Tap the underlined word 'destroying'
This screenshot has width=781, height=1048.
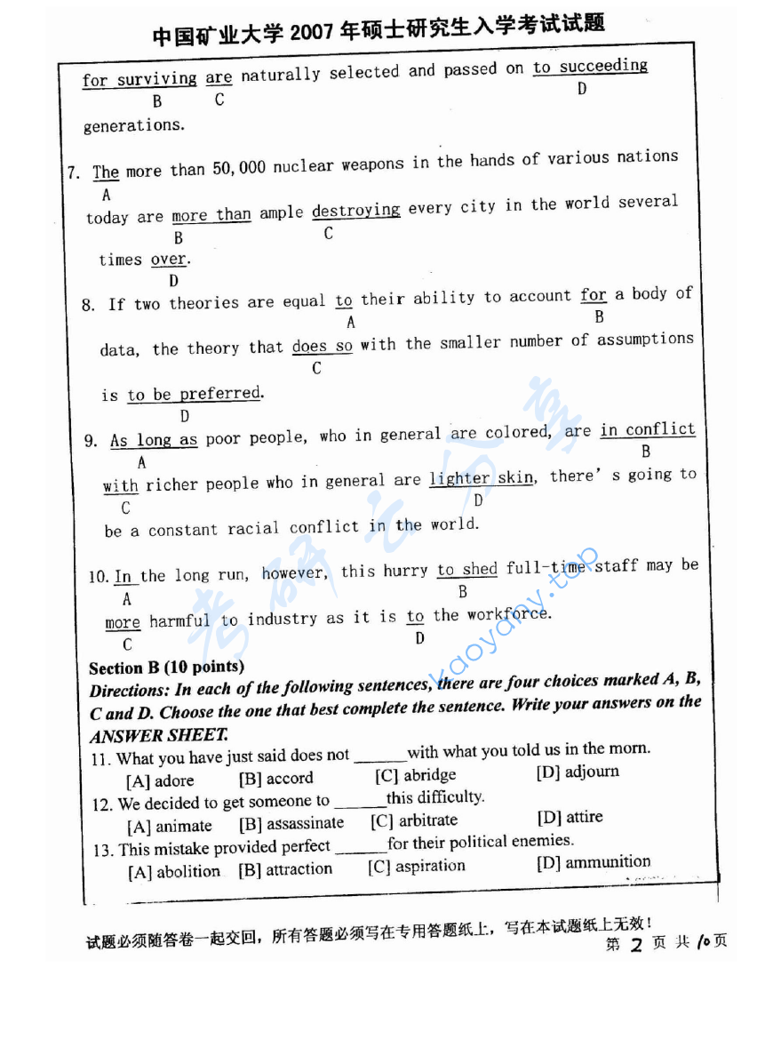(x=355, y=211)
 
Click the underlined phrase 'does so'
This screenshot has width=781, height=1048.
(x=322, y=347)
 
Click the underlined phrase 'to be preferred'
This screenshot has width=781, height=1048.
(x=195, y=394)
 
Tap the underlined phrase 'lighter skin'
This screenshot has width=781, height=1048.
(x=482, y=478)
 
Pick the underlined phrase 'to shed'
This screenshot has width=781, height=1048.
(x=466, y=570)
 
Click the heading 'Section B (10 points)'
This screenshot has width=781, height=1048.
(x=166, y=667)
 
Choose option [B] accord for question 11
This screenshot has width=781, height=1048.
(x=276, y=779)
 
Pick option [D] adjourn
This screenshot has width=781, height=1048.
(x=578, y=772)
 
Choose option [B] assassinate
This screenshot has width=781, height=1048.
(x=291, y=824)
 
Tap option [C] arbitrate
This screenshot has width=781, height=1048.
(x=414, y=820)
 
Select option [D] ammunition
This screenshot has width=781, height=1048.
(x=593, y=861)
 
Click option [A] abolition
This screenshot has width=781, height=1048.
(x=174, y=872)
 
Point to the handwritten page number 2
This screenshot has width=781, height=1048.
(x=635, y=944)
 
